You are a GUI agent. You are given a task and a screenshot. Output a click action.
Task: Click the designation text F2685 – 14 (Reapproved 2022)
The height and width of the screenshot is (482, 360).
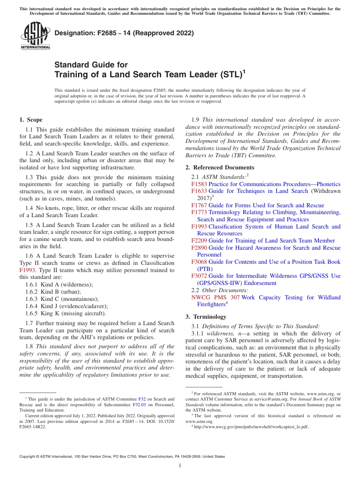coord(124,33)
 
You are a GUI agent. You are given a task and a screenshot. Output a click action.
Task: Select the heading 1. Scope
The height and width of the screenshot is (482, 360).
coord(31,120)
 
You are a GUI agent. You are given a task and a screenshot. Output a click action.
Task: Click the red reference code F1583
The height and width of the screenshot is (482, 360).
coord(199,184)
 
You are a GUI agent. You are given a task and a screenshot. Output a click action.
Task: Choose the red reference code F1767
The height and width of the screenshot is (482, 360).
coord(199,205)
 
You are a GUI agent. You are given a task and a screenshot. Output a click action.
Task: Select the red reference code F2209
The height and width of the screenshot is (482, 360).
coord(199,241)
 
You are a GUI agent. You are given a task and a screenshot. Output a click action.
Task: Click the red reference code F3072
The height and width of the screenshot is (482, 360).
coord(199,276)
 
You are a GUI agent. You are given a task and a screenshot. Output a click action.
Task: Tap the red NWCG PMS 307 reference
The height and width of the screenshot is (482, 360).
coord(215,297)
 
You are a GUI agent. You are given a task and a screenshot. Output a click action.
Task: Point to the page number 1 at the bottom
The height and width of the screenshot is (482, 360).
coord(180,465)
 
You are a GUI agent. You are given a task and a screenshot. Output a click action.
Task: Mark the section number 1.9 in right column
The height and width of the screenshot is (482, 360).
coord(196,120)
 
